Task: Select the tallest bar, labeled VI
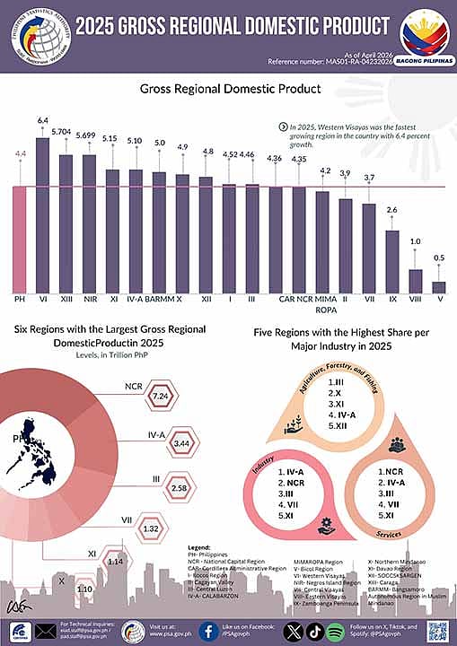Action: click(x=42, y=213)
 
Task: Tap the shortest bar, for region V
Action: click(x=438, y=286)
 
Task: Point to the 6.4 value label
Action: click(x=42, y=119)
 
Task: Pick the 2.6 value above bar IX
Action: click(x=391, y=210)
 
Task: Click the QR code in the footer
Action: click(x=437, y=630)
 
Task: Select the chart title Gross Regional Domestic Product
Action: click(x=230, y=89)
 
